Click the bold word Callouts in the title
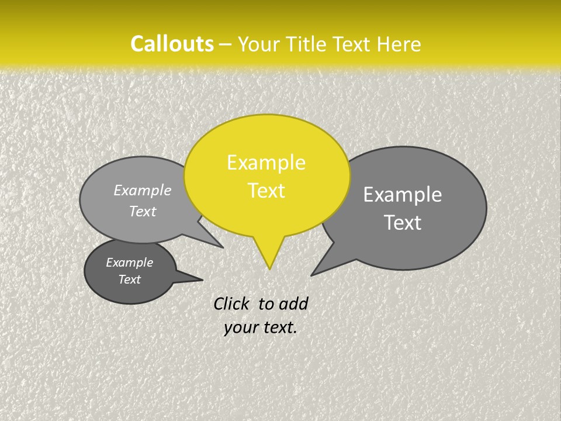click(x=172, y=44)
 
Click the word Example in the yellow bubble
click(x=266, y=163)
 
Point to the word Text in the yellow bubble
click(x=266, y=191)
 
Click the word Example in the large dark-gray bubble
click(x=403, y=195)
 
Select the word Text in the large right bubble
click(x=403, y=223)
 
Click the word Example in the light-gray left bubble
click(x=143, y=190)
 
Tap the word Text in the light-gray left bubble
click(x=143, y=211)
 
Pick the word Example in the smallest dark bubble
click(x=129, y=263)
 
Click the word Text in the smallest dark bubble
click(x=129, y=279)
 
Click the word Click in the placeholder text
click(x=231, y=303)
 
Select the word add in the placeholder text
click(x=293, y=303)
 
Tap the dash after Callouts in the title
click(x=226, y=44)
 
